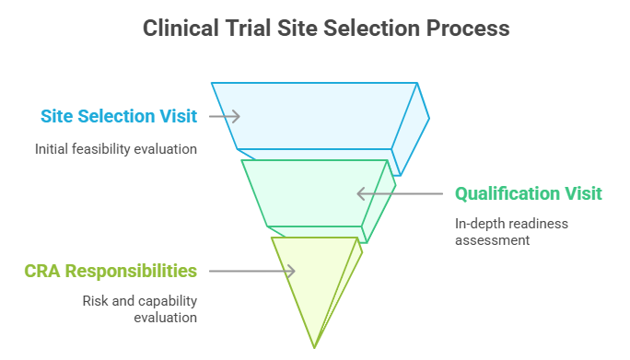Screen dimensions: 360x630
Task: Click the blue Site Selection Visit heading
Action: click(x=119, y=116)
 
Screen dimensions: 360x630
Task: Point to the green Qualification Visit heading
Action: click(x=529, y=193)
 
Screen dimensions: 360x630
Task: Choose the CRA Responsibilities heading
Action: click(x=111, y=271)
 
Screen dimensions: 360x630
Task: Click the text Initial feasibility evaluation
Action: click(x=116, y=148)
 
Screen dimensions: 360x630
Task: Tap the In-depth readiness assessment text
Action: click(x=511, y=231)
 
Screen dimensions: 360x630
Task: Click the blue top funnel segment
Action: click(x=313, y=115)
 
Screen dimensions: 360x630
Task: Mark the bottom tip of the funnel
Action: click(x=315, y=346)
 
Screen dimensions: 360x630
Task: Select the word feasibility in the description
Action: click(x=113, y=148)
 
